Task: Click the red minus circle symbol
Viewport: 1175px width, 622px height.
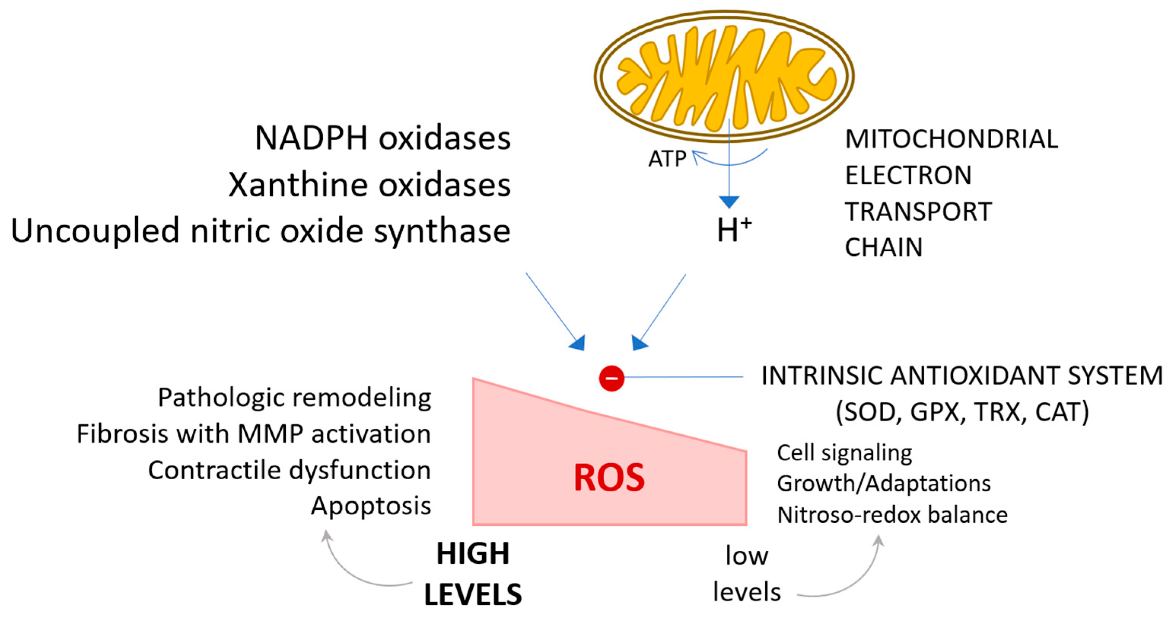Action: [x=611, y=378]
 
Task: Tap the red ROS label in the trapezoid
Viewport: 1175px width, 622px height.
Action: [x=609, y=478]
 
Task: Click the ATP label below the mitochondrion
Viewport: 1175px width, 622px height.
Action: [x=667, y=159]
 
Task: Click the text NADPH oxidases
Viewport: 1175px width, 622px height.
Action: [x=382, y=138]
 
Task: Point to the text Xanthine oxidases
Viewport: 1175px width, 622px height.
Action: [x=369, y=185]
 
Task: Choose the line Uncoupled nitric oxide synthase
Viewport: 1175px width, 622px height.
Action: [x=261, y=231]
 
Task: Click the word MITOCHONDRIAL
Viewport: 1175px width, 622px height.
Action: [x=951, y=139]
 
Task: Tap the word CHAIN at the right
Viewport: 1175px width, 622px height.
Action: [x=884, y=247]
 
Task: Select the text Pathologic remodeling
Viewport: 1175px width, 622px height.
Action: [x=294, y=397]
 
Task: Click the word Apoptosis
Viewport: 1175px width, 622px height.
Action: [x=371, y=506]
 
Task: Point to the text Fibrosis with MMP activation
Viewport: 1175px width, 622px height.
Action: [x=254, y=434]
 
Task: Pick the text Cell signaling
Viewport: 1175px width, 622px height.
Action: [x=844, y=453]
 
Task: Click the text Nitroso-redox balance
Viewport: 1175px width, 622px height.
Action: [x=892, y=515]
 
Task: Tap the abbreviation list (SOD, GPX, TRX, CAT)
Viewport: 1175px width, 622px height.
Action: [x=962, y=412]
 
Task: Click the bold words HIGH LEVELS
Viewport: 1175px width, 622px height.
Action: [x=473, y=574]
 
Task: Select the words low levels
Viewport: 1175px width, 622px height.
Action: [x=747, y=574]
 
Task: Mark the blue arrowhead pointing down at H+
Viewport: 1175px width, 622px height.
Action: [x=729, y=202]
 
